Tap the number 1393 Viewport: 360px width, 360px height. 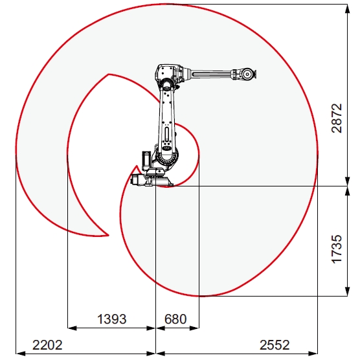coord(111,319)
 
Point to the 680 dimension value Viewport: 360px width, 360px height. coord(176,319)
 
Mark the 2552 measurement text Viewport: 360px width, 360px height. coord(272,344)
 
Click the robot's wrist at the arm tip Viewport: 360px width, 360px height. coord(247,73)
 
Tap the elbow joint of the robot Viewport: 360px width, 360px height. coord(166,76)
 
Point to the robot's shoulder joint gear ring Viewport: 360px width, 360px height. coord(165,155)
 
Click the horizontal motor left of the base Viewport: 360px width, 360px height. coord(138,181)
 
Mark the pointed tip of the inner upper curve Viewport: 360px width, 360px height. coord(108,74)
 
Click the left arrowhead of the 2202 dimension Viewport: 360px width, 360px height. coord(18,353)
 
